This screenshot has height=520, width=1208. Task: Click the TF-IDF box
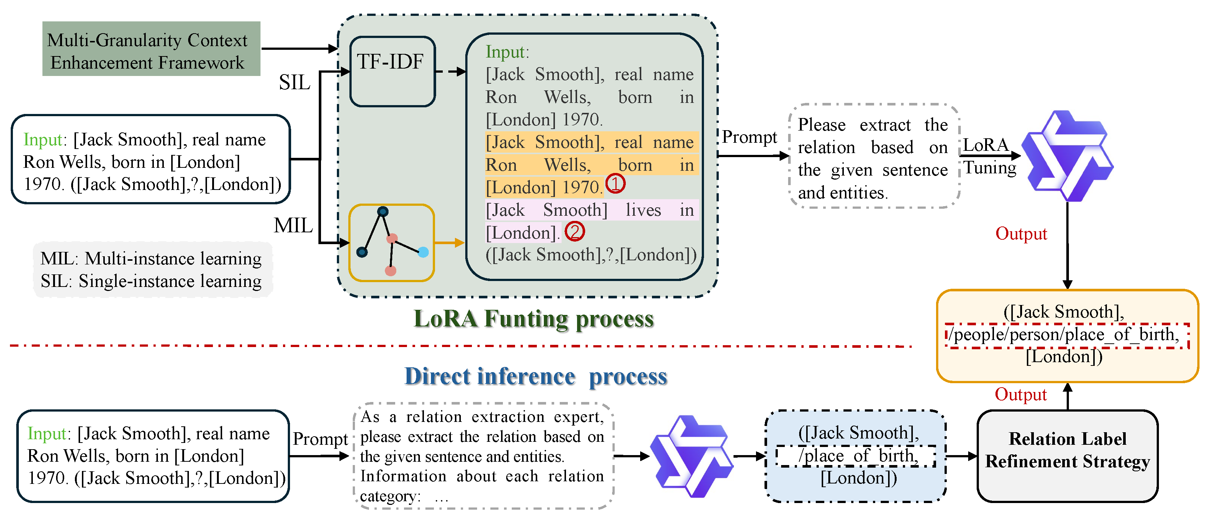(x=393, y=71)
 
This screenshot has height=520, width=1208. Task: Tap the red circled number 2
(x=574, y=231)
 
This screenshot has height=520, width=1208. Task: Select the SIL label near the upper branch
(x=294, y=83)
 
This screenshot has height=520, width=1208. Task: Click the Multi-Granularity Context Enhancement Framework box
(x=151, y=49)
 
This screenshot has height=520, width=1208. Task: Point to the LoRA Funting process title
(x=533, y=319)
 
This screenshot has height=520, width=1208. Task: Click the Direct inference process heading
(x=535, y=377)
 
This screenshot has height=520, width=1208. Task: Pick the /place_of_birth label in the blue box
(x=856, y=455)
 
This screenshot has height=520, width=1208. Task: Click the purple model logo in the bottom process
(x=691, y=455)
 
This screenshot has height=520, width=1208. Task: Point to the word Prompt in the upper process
(x=749, y=137)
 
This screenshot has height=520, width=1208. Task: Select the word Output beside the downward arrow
(x=1021, y=233)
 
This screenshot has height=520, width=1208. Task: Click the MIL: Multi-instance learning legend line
(x=151, y=259)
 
